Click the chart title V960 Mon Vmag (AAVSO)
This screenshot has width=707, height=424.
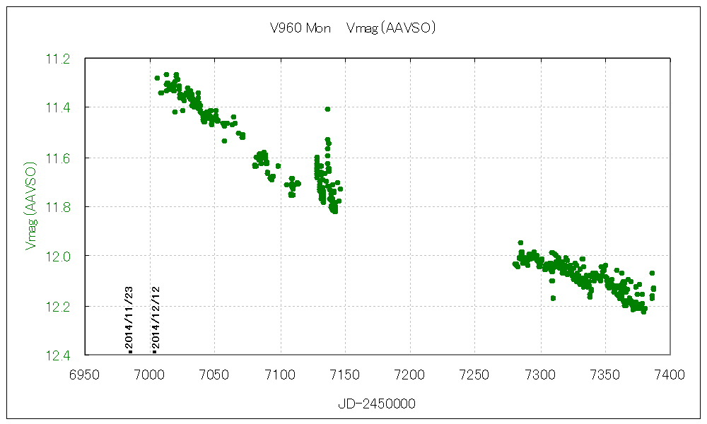[x=352, y=29]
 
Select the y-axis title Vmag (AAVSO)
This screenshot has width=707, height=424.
[x=30, y=206]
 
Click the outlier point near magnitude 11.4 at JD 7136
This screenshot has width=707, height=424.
[x=327, y=109]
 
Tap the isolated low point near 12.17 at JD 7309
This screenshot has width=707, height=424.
[x=553, y=298]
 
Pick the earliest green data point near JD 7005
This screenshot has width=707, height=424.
[x=157, y=78]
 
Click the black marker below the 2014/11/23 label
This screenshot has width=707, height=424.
[x=130, y=351]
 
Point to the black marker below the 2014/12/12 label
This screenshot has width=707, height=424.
[x=154, y=351]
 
